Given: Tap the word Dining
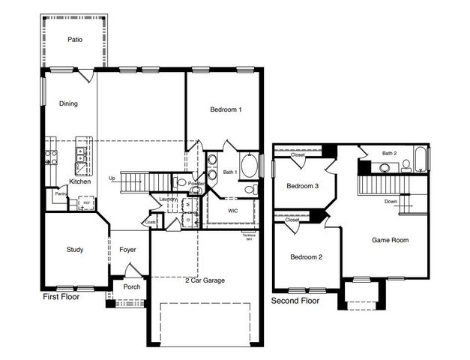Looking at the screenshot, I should (x=68, y=103).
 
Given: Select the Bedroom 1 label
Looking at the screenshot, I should (x=226, y=110).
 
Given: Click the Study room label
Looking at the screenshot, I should (x=74, y=250).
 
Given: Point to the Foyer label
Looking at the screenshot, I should (x=127, y=250).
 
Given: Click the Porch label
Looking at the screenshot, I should (x=131, y=286).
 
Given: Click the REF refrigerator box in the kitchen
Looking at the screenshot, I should (x=86, y=202).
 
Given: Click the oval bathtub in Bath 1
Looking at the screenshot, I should (x=249, y=165).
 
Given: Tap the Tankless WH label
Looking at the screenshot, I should (x=249, y=238).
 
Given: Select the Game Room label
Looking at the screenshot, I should (x=390, y=240).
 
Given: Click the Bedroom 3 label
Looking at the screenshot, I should (x=302, y=186).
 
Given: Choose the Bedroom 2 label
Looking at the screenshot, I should (x=306, y=257).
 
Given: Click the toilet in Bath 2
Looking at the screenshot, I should (x=406, y=164).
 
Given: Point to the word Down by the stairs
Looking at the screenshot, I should (x=391, y=201).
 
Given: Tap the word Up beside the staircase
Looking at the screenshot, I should (x=112, y=178).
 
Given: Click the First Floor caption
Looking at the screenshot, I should (x=62, y=297).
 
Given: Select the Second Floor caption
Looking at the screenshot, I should (x=295, y=301).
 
